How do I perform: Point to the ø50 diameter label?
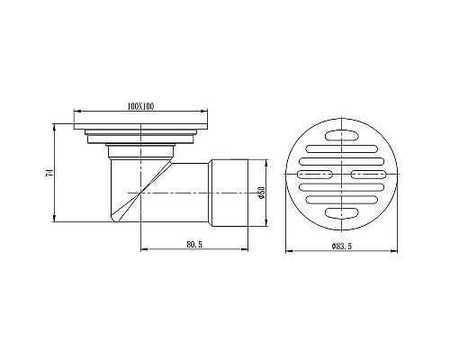coord(261,192)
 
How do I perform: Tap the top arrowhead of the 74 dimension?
coord(58,123)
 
